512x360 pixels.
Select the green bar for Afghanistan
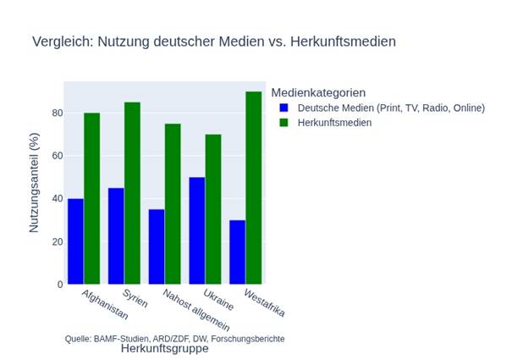click(92, 199)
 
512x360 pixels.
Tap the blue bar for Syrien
click(117, 236)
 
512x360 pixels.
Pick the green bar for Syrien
click(133, 193)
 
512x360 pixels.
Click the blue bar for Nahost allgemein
click(157, 246)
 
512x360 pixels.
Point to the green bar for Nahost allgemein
click(173, 204)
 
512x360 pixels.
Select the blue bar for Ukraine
click(197, 230)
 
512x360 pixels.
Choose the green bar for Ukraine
click(213, 209)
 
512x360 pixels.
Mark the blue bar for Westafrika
click(237, 252)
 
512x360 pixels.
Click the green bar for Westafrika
click(253, 188)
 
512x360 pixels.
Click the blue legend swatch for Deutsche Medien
click(284, 108)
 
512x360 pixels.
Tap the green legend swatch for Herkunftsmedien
click(284, 123)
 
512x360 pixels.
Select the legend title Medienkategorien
click(317, 91)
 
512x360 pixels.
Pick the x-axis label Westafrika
click(263, 303)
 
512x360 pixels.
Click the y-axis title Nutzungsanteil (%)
click(35, 184)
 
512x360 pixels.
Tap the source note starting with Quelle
click(174, 338)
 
